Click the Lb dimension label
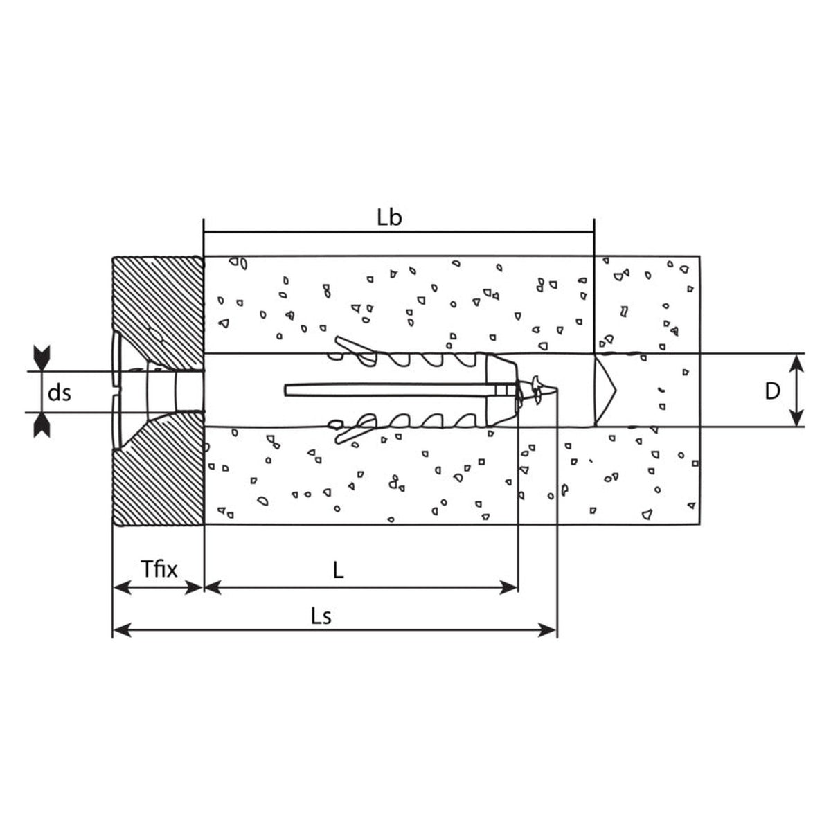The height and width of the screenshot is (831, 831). (389, 218)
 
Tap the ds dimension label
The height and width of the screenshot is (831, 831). (59, 393)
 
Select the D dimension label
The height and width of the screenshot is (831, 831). (772, 391)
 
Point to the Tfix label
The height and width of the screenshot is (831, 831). (159, 569)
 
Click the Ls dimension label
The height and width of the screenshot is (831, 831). (321, 617)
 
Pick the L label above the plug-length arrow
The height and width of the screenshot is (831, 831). (338, 570)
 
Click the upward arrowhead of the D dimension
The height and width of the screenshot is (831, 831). (796, 364)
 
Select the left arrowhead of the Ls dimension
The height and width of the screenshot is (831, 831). (122, 630)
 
